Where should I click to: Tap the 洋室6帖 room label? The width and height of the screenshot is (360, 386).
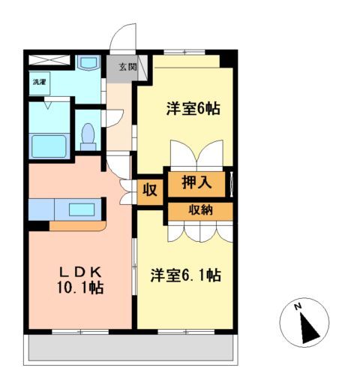[193, 109]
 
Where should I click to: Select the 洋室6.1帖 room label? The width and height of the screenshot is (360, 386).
[184, 275]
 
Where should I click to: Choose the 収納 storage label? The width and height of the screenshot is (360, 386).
[200, 210]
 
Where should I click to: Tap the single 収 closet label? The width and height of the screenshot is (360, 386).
[150, 190]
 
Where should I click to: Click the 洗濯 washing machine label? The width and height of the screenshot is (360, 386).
[38, 80]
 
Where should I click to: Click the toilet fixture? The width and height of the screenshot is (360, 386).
[88, 135]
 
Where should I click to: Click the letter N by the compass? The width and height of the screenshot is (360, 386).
[298, 306]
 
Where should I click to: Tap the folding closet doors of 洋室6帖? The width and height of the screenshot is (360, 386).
[199, 156]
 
